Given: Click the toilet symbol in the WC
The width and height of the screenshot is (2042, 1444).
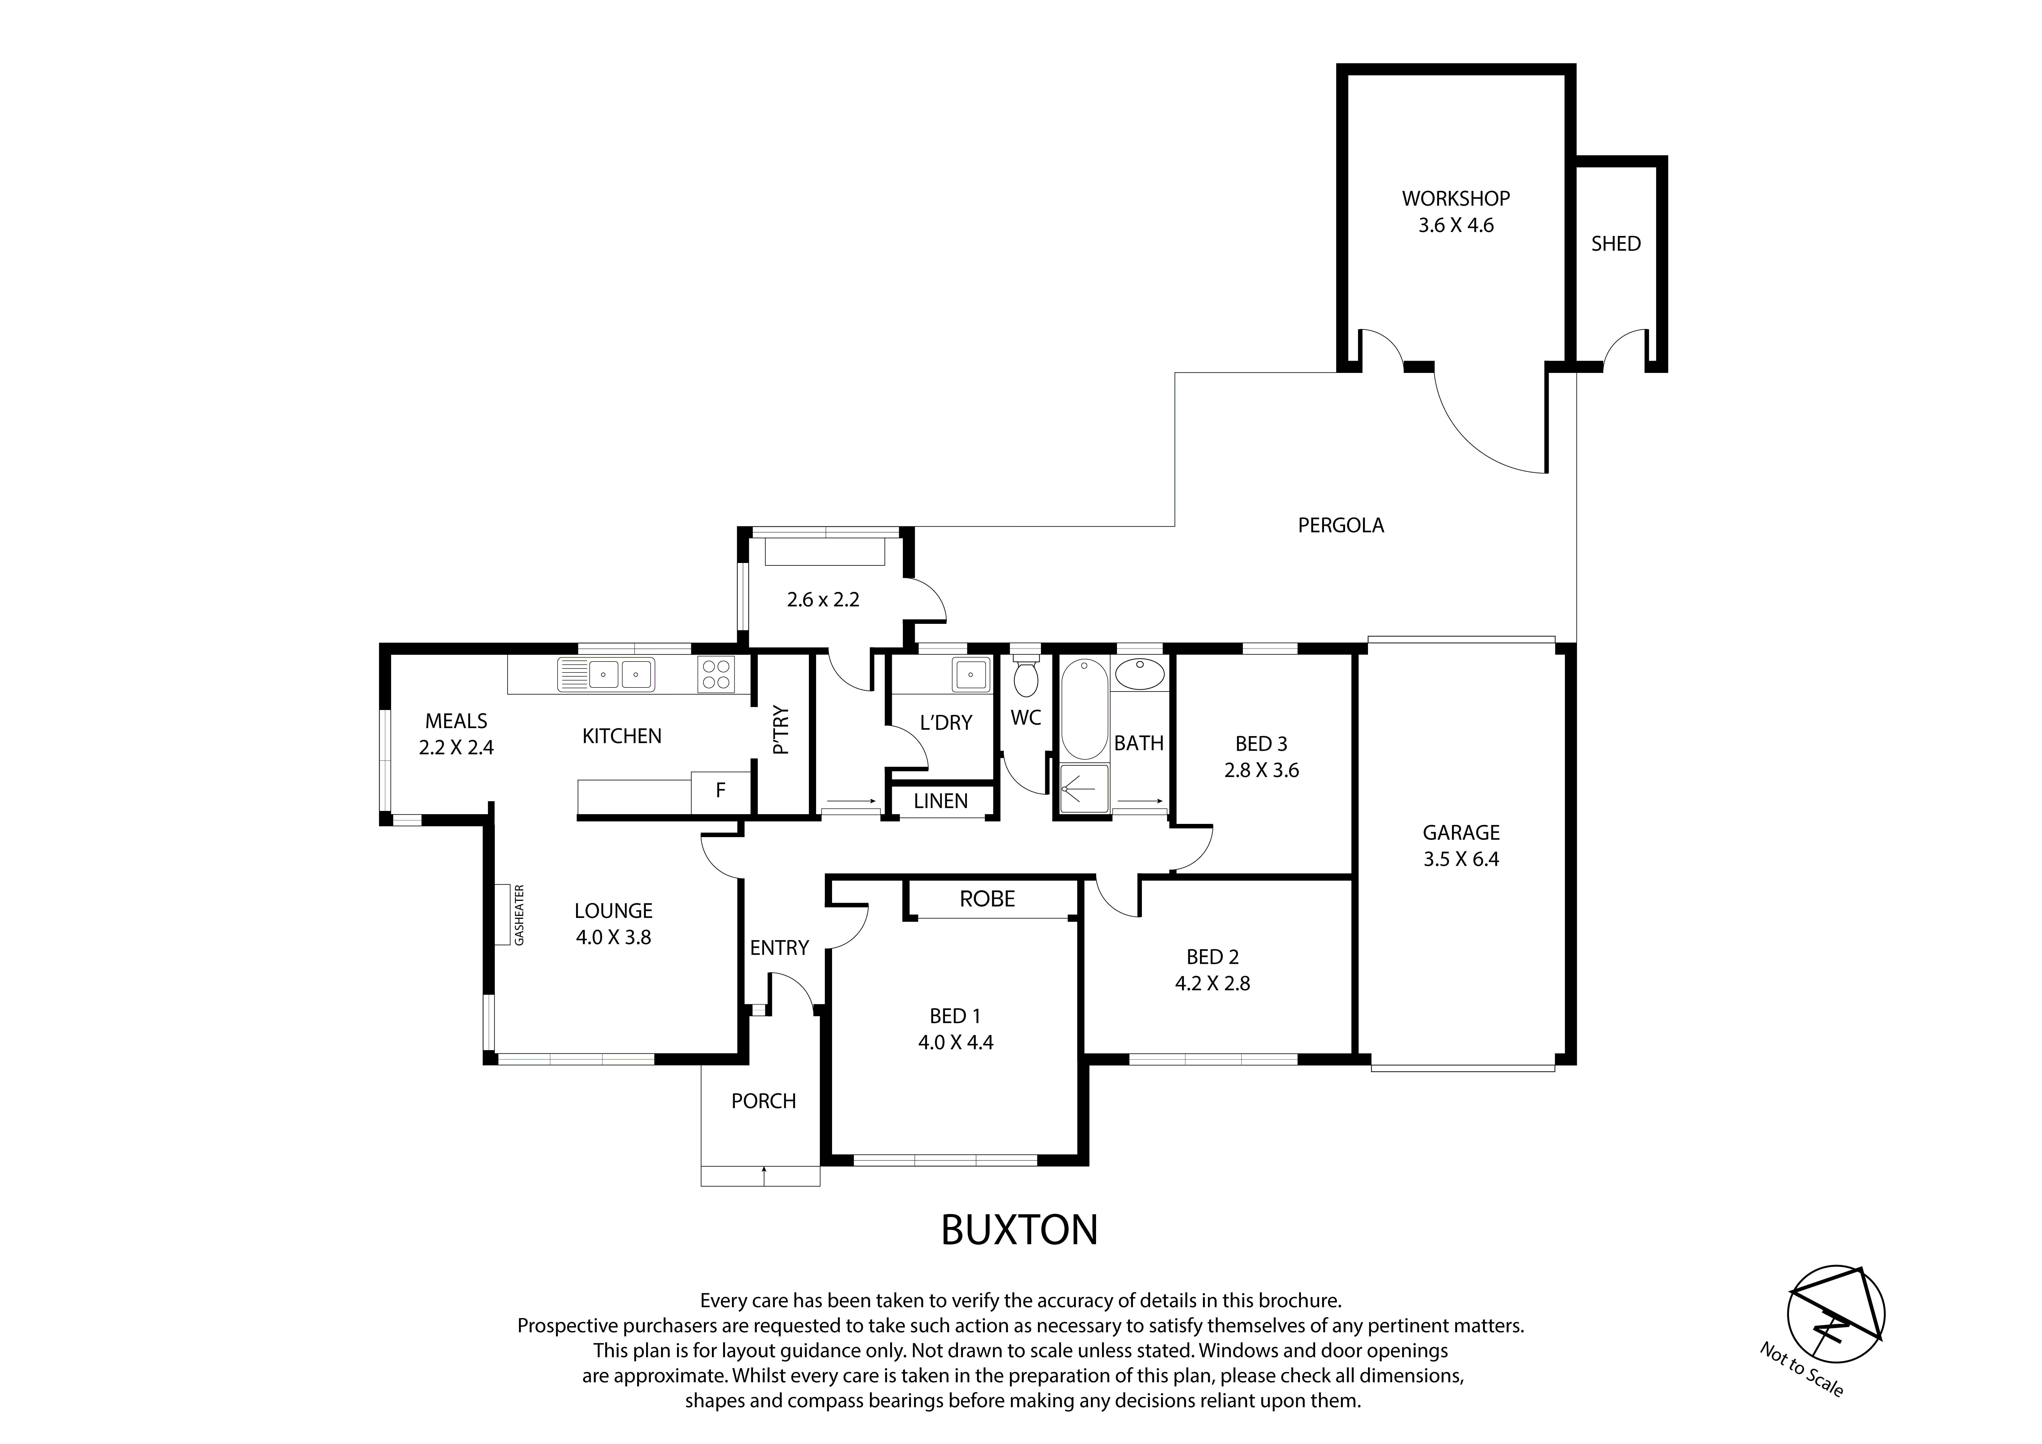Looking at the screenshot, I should [1025, 678].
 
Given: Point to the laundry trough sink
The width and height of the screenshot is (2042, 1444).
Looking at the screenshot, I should [970, 674].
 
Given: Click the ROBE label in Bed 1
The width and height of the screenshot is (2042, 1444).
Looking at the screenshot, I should [987, 899].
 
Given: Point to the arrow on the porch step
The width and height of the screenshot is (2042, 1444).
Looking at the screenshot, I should [763, 1174].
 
